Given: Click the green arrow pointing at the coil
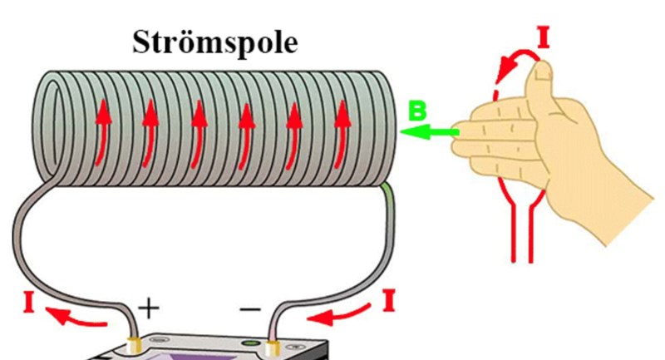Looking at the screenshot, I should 428,131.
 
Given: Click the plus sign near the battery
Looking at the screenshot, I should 148,309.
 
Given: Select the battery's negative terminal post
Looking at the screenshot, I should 272,343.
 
